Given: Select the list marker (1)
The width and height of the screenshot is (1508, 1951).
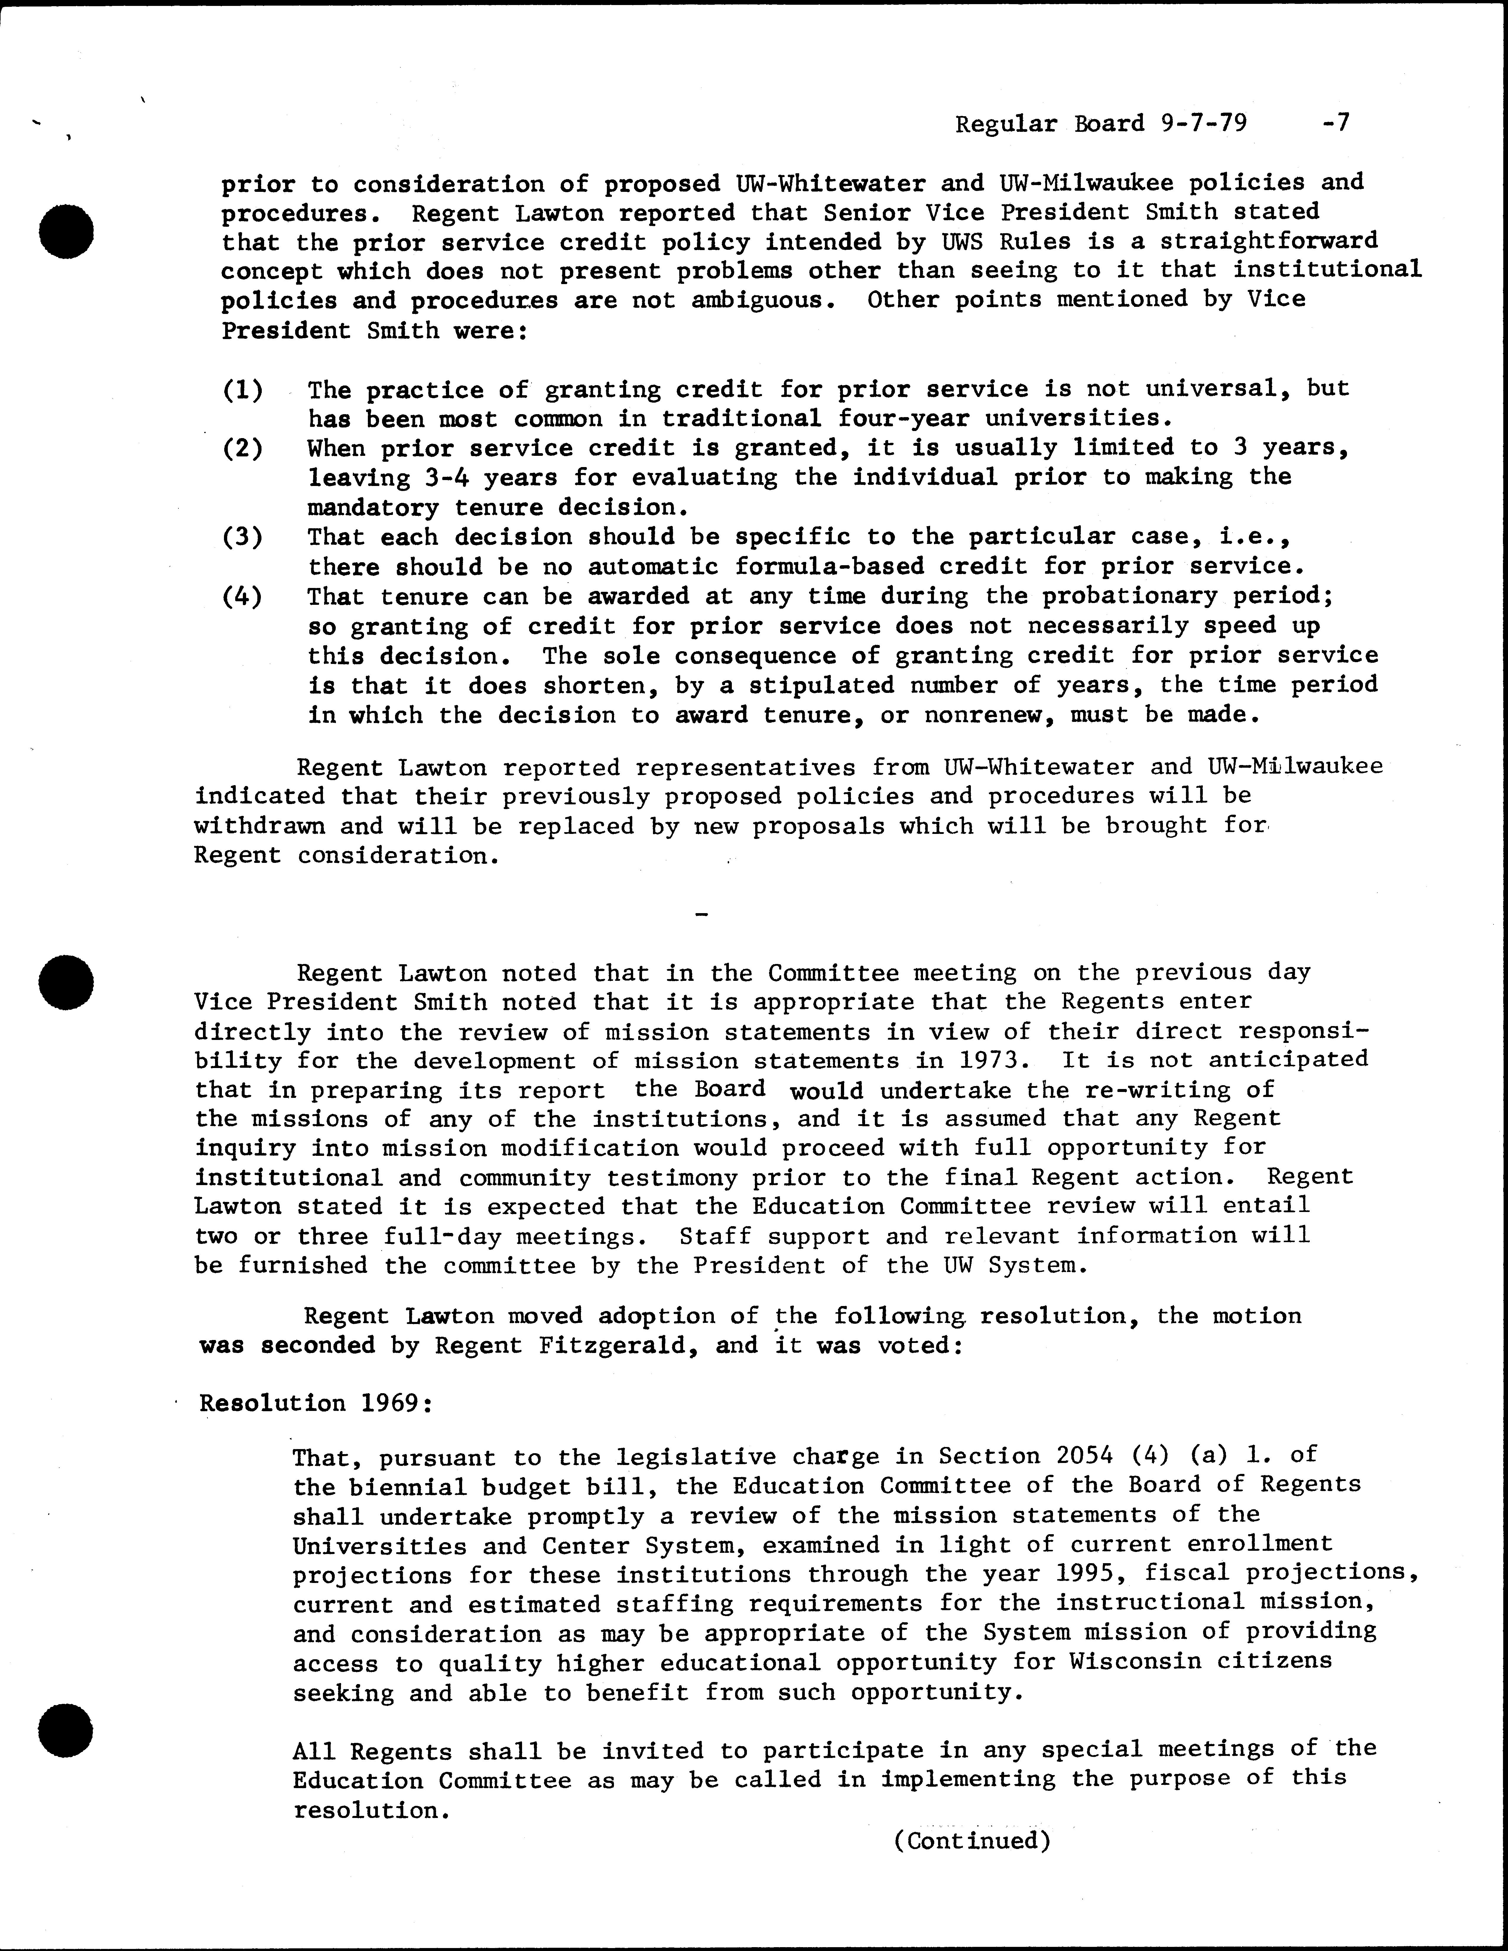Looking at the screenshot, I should [x=242, y=390].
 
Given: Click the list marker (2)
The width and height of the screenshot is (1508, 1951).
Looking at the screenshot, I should [x=242, y=448].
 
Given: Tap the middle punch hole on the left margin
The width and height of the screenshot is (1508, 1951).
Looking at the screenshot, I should [x=67, y=980].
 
